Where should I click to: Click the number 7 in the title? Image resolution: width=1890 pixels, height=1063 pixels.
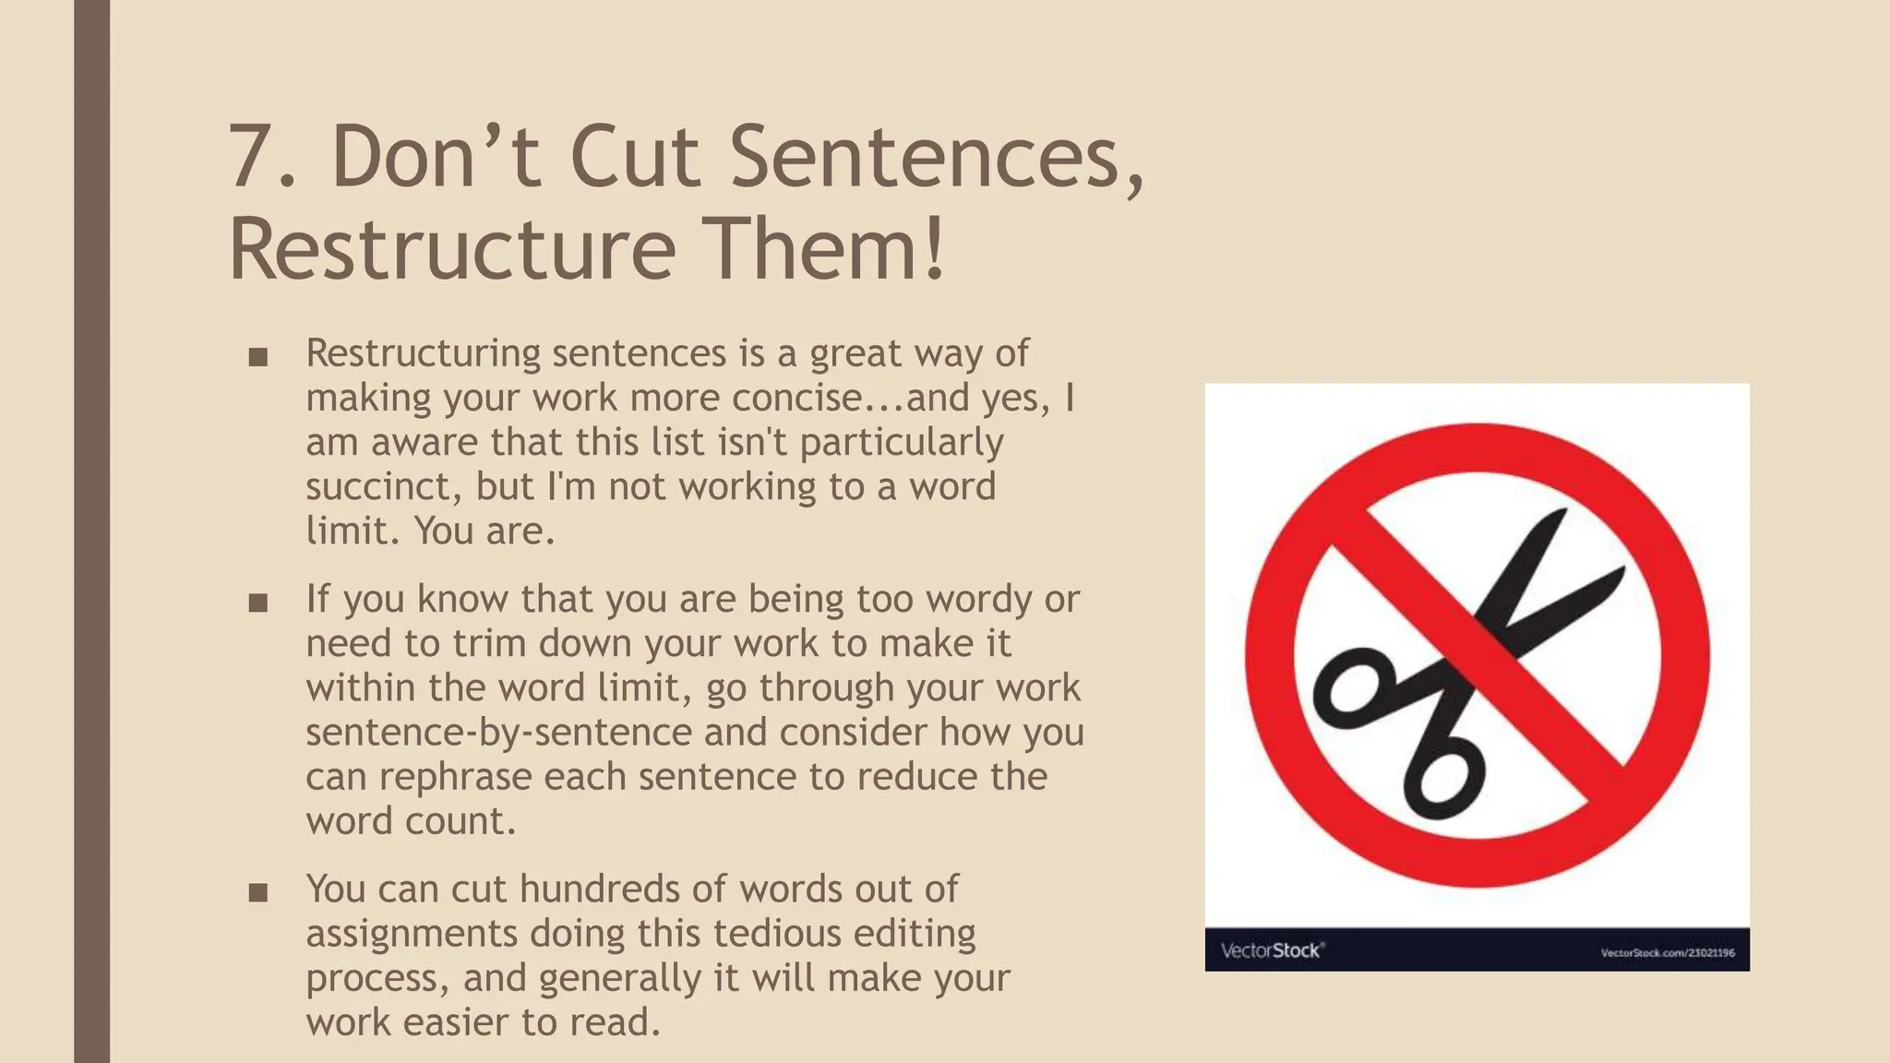point(252,157)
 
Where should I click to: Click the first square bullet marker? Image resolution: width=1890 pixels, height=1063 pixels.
point(258,357)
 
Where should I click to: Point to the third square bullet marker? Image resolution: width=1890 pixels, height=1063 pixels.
point(258,893)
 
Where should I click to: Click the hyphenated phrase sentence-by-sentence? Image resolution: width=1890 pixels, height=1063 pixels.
point(498,733)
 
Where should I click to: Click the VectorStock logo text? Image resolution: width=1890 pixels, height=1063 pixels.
point(1273,950)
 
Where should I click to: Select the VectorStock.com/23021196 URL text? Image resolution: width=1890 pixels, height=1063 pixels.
point(1667,952)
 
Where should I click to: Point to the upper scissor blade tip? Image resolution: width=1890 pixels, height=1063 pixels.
point(1561,513)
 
